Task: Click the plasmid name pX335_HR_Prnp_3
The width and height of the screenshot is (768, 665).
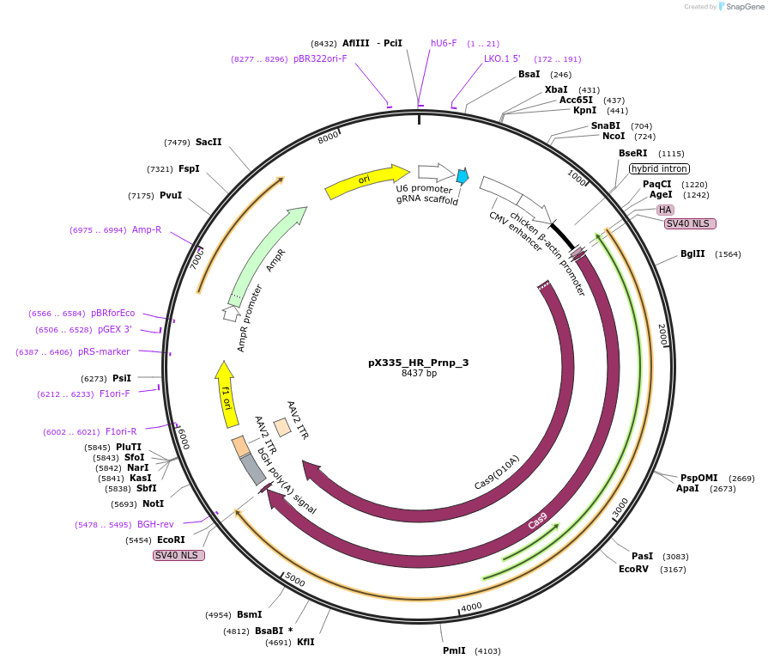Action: click(419, 363)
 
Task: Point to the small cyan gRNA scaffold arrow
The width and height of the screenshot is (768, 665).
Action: click(463, 176)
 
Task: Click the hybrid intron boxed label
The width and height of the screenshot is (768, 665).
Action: click(659, 168)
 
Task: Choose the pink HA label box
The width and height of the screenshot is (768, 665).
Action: click(665, 210)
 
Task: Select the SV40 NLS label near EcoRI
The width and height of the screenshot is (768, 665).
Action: click(178, 555)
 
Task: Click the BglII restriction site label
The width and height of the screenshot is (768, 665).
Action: click(692, 253)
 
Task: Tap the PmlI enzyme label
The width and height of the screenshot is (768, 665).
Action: click(454, 650)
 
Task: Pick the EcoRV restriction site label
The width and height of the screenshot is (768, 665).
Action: click(633, 569)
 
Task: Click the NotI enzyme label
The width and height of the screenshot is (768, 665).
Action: click(153, 503)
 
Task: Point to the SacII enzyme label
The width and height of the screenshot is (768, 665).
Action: click(209, 142)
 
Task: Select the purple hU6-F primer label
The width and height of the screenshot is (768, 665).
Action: click(444, 43)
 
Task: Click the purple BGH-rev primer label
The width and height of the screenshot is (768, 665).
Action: click(155, 524)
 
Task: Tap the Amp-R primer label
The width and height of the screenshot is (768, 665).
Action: click(147, 230)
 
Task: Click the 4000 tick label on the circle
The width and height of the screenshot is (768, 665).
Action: click(471, 607)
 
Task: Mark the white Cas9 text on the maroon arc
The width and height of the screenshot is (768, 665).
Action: click(538, 520)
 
